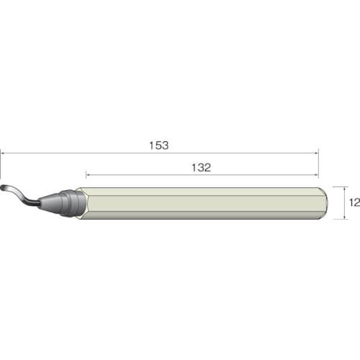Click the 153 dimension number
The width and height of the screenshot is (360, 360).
click(x=159, y=145)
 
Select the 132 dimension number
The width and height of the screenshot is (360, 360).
click(x=202, y=168)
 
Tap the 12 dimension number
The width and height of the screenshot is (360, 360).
click(x=354, y=202)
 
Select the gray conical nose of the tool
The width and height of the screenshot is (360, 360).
click(x=50, y=203)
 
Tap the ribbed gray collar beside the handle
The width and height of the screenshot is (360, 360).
click(x=72, y=203)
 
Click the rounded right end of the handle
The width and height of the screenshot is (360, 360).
click(x=324, y=203)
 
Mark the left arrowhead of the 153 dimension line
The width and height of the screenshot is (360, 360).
click(x=2, y=153)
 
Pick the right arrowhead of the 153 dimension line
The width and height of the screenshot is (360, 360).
click(x=316, y=153)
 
